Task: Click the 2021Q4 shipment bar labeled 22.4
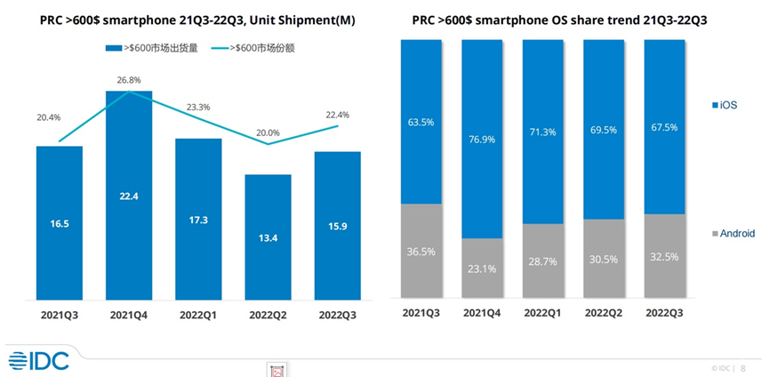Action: pos(129,196)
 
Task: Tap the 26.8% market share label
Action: pos(129,79)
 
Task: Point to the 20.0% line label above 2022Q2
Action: pos(268,132)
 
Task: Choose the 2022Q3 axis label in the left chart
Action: pos(337,314)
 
